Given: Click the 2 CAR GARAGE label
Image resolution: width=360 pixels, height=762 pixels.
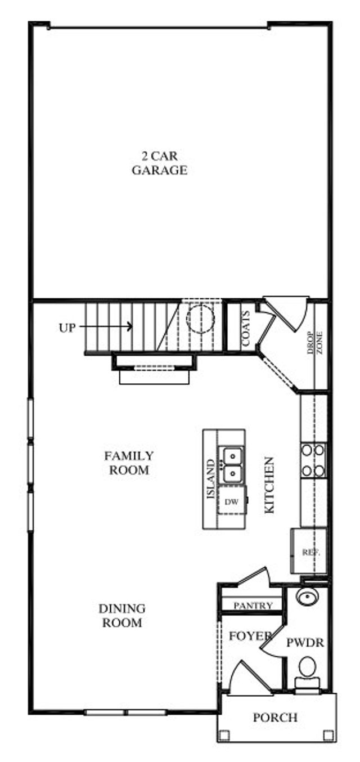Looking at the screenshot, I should pyautogui.click(x=159, y=163).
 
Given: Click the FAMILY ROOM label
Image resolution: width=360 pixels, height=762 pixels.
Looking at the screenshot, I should pyautogui.click(x=129, y=463).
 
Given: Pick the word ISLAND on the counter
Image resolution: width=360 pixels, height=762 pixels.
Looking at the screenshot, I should pyautogui.click(x=211, y=479).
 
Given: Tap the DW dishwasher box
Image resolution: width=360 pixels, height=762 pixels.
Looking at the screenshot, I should pyautogui.click(x=231, y=501).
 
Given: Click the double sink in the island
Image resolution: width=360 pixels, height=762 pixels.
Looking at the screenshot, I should pyautogui.click(x=232, y=464).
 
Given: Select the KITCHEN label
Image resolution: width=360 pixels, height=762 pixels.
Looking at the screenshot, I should pyautogui.click(x=269, y=484).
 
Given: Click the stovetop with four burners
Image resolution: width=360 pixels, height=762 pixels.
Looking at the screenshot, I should pyautogui.click(x=313, y=460).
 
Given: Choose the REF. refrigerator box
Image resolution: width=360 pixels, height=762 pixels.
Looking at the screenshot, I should pyautogui.click(x=310, y=552).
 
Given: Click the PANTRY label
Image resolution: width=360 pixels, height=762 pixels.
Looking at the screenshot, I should pyautogui.click(x=253, y=606).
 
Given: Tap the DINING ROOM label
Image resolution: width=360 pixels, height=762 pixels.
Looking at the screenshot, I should pyautogui.click(x=122, y=616).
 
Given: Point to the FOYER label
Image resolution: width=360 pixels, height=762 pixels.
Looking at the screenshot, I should pyautogui.click(x=250, y=636).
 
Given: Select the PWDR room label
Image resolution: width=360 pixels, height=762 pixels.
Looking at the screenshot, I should pyautogui.click(x=305, y=643).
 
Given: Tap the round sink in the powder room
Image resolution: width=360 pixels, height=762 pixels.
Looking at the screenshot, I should pyautogui.click(x=307, y=595).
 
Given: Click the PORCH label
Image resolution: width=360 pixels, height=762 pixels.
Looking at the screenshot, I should pyautogui.click(x=275, y=718).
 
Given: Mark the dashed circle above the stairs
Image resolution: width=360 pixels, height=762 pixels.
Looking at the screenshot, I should pyautogui.click(x=200, y=319).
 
